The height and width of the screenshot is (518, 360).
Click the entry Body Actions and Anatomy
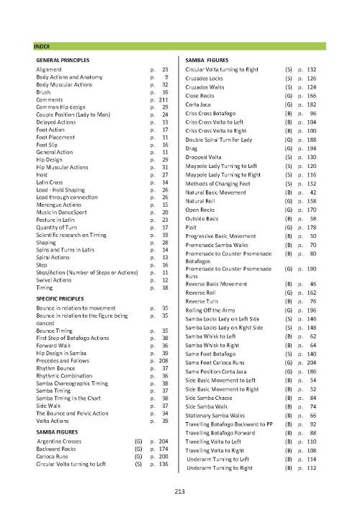coord(66,76)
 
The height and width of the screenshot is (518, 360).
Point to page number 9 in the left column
coord(166,76)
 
